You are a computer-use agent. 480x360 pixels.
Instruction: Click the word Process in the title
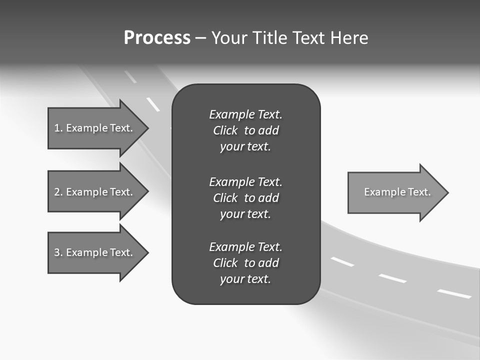[x=157, y=38]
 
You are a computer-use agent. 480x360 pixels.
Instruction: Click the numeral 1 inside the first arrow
[x=57, y=128]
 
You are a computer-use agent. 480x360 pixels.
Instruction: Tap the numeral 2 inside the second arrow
[x=57, y=192]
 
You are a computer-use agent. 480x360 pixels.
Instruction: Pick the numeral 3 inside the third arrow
[x=57, y=252]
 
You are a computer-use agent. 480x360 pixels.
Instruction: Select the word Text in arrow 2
[x=121, y=192]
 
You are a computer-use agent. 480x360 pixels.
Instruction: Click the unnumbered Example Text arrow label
[x=397, y=192]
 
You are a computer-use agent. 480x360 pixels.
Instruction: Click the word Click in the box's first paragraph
[x=225, y=130]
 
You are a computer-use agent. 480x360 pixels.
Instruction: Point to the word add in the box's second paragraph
[x=268, y=198]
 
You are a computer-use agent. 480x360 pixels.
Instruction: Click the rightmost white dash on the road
[x=454, y=293]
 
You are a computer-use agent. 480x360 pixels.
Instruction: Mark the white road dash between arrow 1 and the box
[x=153, y=104]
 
